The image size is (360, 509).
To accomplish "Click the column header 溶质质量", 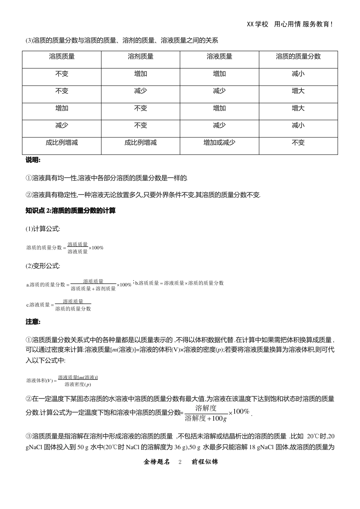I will click(x=62, y=56).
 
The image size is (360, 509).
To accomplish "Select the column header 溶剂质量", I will click(x=141, y=56).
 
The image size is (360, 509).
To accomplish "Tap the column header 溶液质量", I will click(x=219, y=56).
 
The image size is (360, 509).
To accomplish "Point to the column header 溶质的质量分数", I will click(x=298, y=56).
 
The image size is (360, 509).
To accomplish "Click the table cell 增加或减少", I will click(x=219, y=143).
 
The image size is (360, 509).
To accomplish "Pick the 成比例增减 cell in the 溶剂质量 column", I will click(x=141, y=143).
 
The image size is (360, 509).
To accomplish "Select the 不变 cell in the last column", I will click(x=298, y=143).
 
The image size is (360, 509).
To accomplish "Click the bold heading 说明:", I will click(x=33, y=160).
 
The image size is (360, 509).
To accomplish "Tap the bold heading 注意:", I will click(x=33, y=322).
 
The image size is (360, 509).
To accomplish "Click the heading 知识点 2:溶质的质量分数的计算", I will click(x=70, y=211).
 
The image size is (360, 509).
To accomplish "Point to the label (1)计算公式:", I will click(x=43, y=229).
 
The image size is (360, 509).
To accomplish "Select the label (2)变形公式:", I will click(x=43, y=266).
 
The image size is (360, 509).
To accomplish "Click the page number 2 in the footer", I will click(x=180, y=462).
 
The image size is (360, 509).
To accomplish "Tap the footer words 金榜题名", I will click(x=157, y=462).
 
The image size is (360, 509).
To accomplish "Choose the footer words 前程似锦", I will click(x=205, y=462).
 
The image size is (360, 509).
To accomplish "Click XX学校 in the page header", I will click(x=258, y=24).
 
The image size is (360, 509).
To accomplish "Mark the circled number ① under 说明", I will click(x=29, y=178).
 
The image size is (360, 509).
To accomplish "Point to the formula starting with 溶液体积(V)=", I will click(x=62, y=381).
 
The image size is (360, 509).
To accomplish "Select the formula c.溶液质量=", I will click(x=59, y=305).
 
